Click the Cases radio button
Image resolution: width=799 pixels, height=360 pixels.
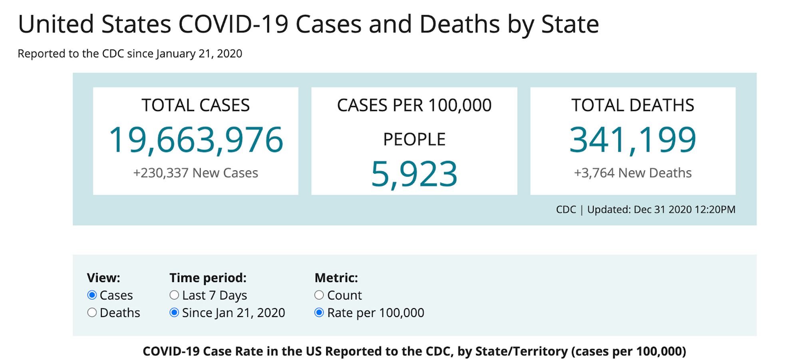(x=92, y=295)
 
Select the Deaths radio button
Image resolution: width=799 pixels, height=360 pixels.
(x=92, y=312)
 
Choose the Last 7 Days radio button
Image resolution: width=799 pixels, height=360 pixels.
(x=174, y=295)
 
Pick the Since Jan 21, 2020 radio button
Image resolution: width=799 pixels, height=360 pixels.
(x=174, y=312)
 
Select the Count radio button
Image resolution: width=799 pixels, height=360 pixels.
(x=319, y=295)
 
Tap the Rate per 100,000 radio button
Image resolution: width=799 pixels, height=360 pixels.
(x=319, y=312)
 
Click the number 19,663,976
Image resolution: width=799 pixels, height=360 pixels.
(x=196, y=140)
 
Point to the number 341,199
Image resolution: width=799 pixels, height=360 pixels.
(x=633, y=140)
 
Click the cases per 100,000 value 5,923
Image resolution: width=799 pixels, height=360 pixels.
(x=414, y=174)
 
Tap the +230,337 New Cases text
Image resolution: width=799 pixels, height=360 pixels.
(x=196, y=173)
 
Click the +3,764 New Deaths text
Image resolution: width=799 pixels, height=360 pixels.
(x=633, y=173)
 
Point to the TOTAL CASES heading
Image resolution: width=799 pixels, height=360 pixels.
(x=196, y=105)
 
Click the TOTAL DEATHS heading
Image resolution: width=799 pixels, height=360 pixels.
(x=633, y=105)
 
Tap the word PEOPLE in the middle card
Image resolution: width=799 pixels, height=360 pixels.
(x=414, y=139)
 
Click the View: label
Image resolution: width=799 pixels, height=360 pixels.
(x=103, y=278)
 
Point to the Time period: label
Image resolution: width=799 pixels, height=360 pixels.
(x=208, y=278)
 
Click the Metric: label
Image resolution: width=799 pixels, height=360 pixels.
(x=336, y=278)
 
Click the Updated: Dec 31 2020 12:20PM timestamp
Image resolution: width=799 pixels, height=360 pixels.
(x=661, y=210)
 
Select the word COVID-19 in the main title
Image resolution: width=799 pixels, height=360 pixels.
(x=233, y=24)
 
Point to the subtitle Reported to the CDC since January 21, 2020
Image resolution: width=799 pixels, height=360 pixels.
(x=130, y=54)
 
